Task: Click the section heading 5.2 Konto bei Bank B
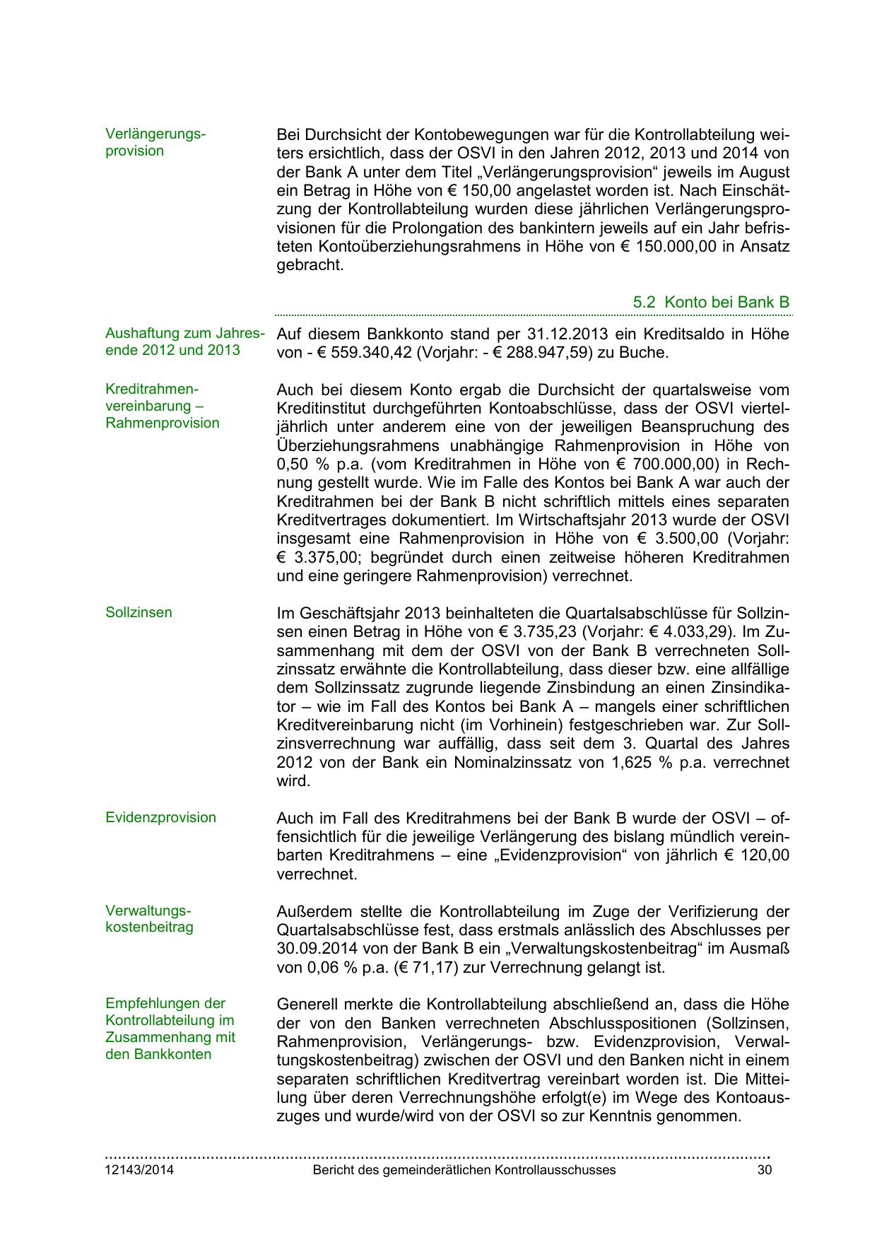coord(711,303)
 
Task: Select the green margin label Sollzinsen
coord(139,612)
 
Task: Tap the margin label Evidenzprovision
coord(160,817)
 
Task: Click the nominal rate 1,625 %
coord(636,763)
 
